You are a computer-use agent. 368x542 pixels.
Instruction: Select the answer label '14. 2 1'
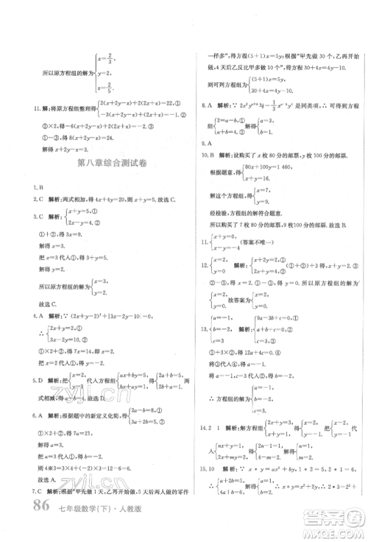(x=214, y=447)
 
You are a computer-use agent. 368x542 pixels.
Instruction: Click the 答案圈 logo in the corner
(x=338, y=521)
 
